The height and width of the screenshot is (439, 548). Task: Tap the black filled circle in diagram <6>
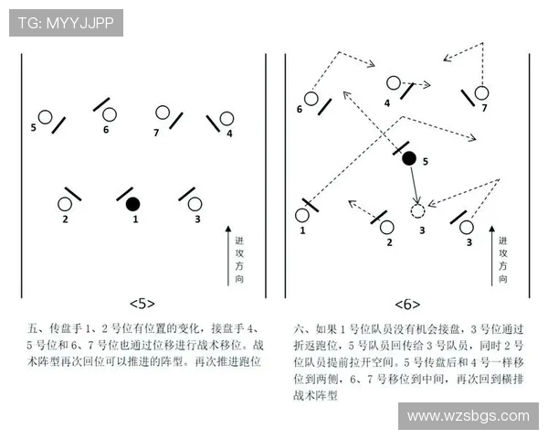click(409, 158)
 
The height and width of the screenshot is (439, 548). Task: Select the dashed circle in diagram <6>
click(418, 211)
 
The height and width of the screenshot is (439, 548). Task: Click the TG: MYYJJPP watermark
click(66, 23)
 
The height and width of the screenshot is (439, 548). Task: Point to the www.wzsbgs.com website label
click(468, 416)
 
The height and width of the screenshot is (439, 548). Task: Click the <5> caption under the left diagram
click(142, 303)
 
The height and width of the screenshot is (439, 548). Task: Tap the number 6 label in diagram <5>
click(106, 130)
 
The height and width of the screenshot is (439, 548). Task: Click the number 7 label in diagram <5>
click(156, 133)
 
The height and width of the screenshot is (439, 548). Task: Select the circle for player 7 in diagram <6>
click(481, 92)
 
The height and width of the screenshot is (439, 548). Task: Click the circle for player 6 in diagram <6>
click(311, 98)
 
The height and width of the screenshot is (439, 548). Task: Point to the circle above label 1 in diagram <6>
click(302, 215)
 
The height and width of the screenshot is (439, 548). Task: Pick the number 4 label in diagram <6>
click(387, 103)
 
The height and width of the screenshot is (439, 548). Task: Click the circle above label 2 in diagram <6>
click(387, 226)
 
